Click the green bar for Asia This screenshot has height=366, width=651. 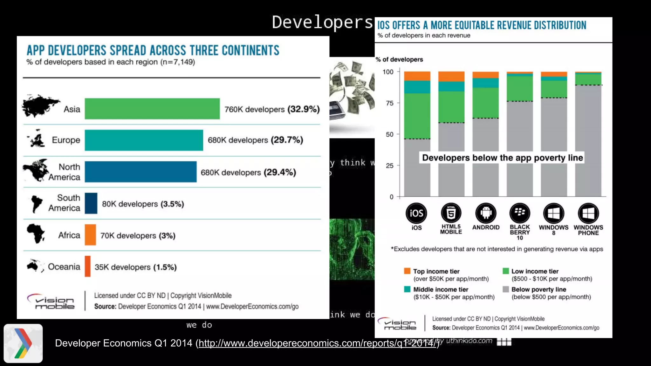click(152, 109)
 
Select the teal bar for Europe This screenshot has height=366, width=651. click(144, 140)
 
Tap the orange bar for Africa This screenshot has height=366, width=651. click(90, 235)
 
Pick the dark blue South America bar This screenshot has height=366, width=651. click(91, 203)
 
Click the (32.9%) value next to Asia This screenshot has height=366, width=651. click(304, 109)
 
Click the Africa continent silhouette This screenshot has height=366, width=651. click(35, 233)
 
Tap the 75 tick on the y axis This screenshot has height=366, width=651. click(389, 103)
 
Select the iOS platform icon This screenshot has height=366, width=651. click(416, 213)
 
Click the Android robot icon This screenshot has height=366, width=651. click(485, 213)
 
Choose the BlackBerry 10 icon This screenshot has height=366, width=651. click(519, 213)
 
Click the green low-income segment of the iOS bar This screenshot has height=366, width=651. click(417, 116)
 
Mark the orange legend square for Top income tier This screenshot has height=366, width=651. click(407, 271)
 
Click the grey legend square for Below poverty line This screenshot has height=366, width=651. click(505, 289)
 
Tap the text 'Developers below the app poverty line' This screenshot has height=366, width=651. click(502, 158)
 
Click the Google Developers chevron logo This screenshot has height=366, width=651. click(23, 343)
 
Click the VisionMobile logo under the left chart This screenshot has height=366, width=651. click(51, 301)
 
